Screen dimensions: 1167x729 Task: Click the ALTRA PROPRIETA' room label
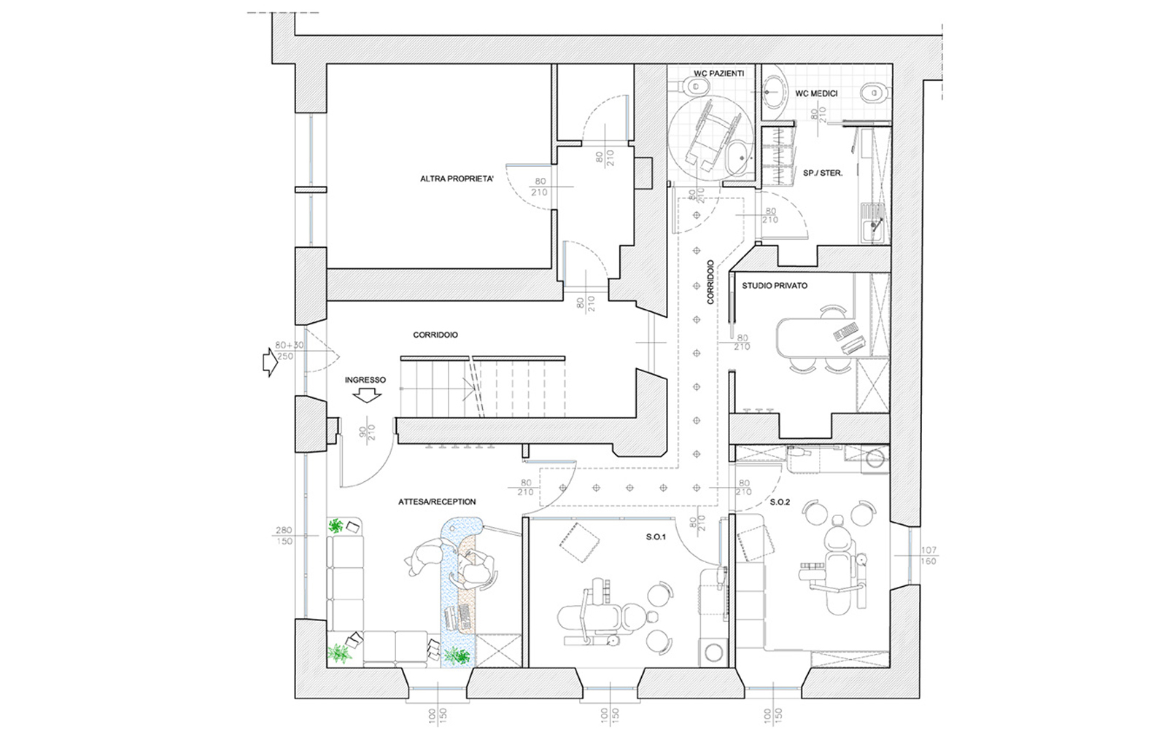coord(457,179)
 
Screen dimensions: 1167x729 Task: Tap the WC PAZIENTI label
coord(718,74)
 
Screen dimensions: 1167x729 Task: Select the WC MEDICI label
coord(816,94)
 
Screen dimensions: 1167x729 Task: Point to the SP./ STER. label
coord(823,173)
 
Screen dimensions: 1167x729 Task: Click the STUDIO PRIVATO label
coord(775,285)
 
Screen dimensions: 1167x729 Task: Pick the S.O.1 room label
coord(656,537)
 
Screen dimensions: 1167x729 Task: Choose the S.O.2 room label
coord(780,502)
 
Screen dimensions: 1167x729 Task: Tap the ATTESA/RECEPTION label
coord(437,502)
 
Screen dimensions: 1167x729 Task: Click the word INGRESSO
coord(365,380)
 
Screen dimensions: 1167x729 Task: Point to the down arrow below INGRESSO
coord(367,397)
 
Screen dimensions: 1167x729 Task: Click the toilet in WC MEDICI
coord(875,94)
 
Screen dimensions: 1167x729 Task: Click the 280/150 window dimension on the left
coord(284,536)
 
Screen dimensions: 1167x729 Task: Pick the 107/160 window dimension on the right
coord(928,555)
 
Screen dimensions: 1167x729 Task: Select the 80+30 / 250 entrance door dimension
coord(289,351)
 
